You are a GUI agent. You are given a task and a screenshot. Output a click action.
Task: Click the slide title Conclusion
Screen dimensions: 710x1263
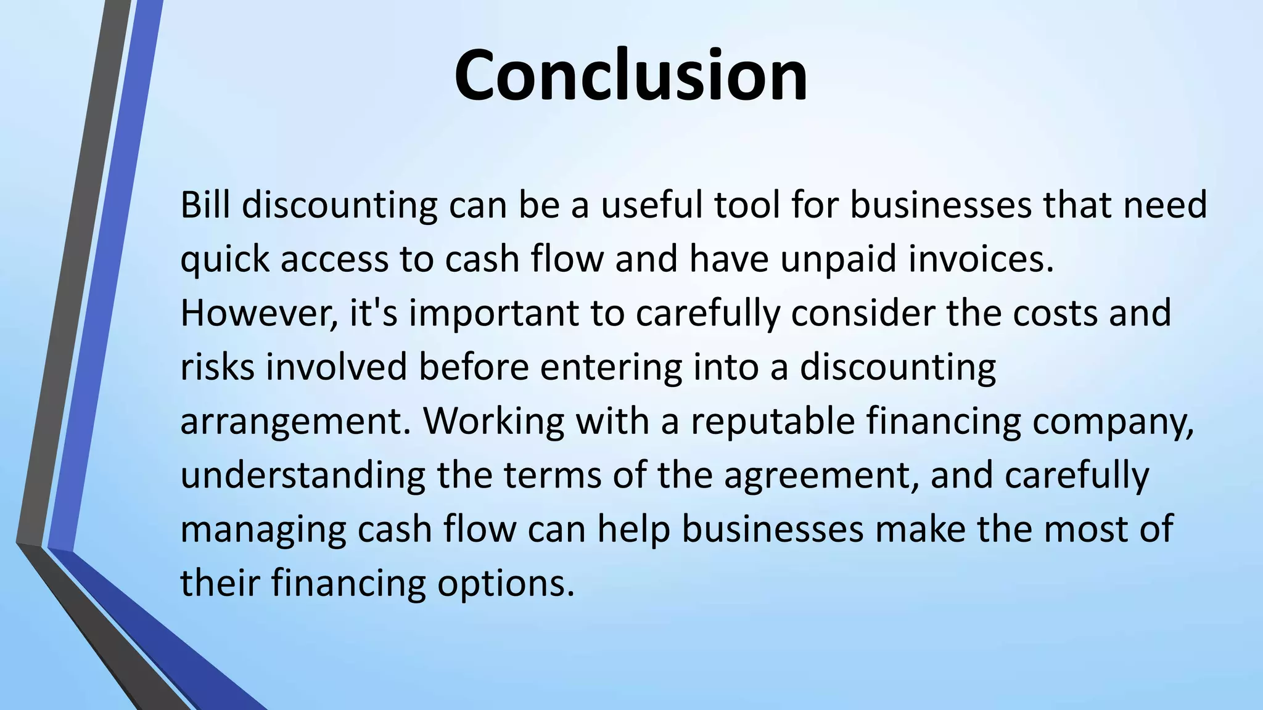(x=630, y=75)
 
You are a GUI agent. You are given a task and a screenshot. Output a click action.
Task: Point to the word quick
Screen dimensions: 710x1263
(x=225, y=259)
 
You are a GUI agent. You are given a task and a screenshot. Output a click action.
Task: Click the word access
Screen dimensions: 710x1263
(x=335, y=259)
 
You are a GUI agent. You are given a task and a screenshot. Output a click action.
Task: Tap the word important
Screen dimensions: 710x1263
(x=494, y=313)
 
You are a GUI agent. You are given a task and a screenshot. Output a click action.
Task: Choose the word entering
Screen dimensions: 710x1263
(x=611, y=368)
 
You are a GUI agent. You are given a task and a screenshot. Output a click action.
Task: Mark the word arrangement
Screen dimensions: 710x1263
(x=295, y=422)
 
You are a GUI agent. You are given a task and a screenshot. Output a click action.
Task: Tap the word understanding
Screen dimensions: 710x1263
(x=303, y=476)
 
